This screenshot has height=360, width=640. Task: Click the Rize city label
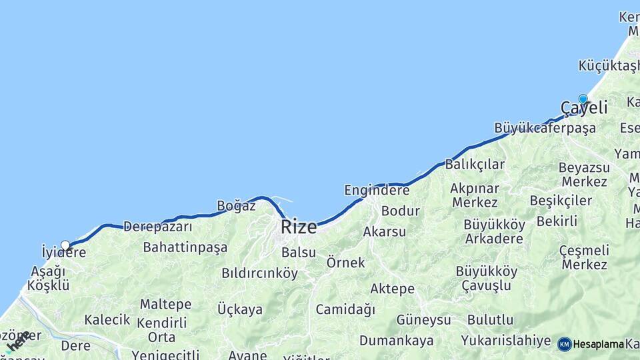coord(299,227)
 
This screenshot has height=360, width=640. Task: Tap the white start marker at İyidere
coord(65,245)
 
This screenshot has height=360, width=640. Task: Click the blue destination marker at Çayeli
coord(583,99)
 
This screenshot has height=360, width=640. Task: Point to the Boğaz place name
coord(237,206)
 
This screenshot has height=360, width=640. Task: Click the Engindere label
coord(377,191)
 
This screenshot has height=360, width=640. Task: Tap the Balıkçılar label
coord(475,164)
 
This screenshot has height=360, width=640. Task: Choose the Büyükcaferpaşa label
coord(545,128)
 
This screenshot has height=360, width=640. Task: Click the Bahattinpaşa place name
coord(185,247)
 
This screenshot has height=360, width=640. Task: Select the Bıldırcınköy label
coord(260,273)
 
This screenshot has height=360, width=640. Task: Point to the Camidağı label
coord(345,309)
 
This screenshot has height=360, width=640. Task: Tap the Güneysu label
coord(423,320)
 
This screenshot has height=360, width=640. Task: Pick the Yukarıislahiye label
coord(506,340)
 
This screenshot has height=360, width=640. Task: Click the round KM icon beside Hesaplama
coord(565,344)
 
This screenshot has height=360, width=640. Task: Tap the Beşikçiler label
coord(561,201)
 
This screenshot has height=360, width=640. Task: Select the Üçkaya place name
coord(240,309)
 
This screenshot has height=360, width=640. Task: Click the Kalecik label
coord(107,320)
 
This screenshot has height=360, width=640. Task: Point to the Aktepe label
coord(392,289)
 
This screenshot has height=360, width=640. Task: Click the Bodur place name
coord(401,211)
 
